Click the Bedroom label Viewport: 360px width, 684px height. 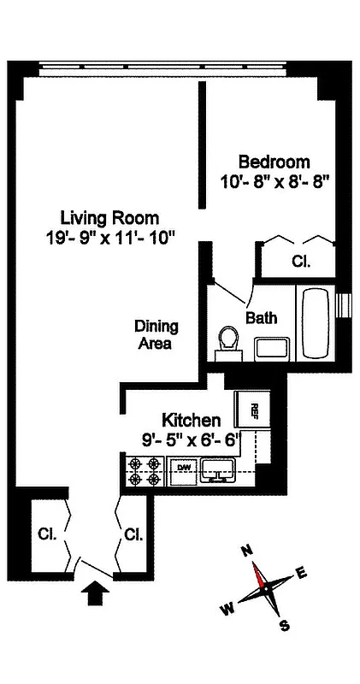tap(274, 162)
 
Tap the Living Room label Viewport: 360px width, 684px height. tap(109, 217)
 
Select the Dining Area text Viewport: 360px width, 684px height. tap(155, 334)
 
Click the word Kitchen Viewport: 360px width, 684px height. tap(192, 420)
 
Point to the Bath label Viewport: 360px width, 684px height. tap(261, 318)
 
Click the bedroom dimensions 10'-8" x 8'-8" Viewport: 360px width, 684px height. tap(274, 181)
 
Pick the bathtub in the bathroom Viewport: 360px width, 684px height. tap(316, 323)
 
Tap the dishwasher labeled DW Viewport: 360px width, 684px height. tap(182, 468)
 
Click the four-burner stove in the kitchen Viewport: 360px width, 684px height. tap(145, 472)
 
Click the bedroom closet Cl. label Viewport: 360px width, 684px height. tap(301, 261)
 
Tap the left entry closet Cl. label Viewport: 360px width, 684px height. tap(46, 534)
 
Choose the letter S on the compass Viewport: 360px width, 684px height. tap(284, 626)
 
